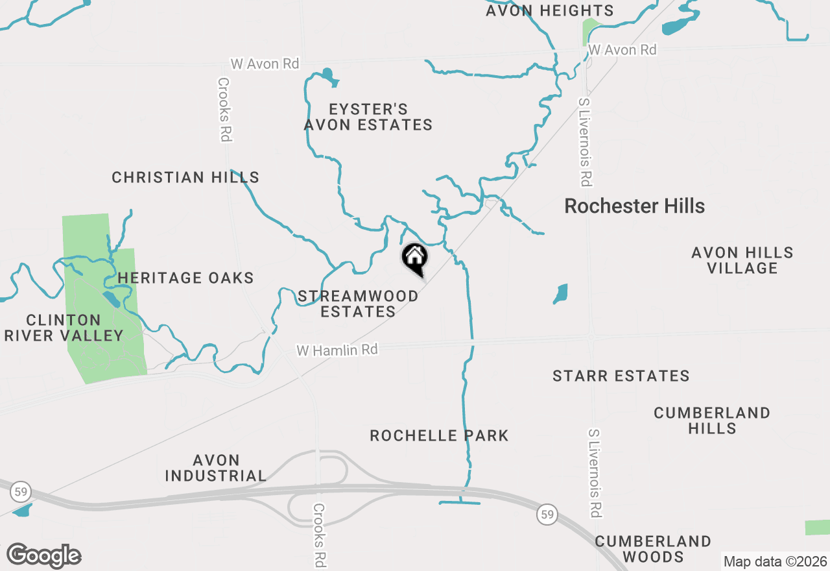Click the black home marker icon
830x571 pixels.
click(x=415, y=258)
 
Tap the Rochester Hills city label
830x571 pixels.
click(x=634, y=206)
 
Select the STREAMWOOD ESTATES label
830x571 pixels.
click(x=358, y=304)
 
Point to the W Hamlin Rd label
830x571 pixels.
click(x=337, y=350)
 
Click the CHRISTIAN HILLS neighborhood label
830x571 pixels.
click(x=185, y=177)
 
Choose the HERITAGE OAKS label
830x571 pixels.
click(x=185, y=278)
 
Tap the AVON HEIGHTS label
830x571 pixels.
click(x=549, y=11)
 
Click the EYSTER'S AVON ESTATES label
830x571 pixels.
click(x=368, y=117)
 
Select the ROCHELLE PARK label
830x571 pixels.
click(x=439, y=435)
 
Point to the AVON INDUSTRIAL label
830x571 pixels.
click(x=215, y=468)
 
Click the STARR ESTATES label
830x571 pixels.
click(x=621, y=376)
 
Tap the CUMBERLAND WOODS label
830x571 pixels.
click(x=653, y=549)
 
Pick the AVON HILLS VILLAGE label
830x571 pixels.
click(x=742, y=260)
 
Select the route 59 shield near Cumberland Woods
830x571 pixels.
click(x=547, y=516)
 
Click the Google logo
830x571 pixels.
click(x=43, y=556)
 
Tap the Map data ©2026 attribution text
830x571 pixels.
click(x=774, y=562)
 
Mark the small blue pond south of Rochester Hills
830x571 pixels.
click(x=560, y=294)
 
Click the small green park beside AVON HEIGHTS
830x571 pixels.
click(x=590, y=29)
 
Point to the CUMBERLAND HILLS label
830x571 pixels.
click(x=711, y=420)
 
